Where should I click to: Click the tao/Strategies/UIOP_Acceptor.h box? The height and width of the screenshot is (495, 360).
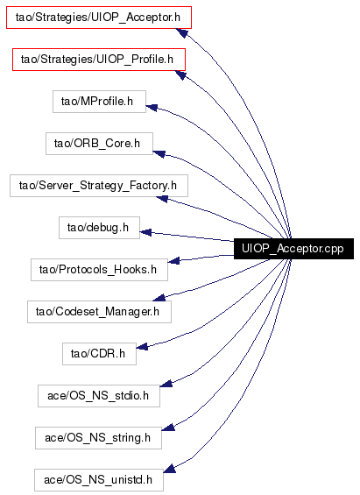(99, 18)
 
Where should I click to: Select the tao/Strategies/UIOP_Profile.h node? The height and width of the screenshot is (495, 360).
(99, 60)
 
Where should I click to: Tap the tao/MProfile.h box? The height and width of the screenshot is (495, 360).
(99, 102)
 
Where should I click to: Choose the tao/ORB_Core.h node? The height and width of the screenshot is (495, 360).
(99, 144)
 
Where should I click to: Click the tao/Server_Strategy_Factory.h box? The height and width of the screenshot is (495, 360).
(99, 186)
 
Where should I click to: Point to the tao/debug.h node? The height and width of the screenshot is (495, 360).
(99, 227)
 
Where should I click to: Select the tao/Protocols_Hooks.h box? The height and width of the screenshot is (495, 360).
(99, 269)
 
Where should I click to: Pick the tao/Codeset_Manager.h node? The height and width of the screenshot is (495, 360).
(99, 312)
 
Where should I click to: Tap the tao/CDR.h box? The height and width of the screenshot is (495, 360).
(99, 354)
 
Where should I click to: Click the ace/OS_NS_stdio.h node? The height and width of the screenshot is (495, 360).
(99, 395)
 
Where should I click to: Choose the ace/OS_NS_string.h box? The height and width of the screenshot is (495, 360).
(98, 437)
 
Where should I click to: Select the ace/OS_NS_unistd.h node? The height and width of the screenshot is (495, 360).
(99, 479)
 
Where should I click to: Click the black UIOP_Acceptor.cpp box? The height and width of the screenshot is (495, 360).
(293, 249)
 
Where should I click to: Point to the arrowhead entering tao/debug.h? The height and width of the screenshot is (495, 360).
(145, 232)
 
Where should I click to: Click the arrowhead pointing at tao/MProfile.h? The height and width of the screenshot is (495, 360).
(152, 108)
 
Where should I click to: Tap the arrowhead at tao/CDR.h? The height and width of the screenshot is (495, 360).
(142, 347)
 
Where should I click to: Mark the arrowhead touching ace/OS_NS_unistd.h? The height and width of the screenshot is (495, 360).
(169, 468)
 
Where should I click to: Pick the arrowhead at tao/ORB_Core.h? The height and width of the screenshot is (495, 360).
(159, 153)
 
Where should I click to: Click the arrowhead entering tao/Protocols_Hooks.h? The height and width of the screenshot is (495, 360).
(173, 260)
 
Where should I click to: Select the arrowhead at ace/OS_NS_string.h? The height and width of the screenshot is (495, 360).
(168, 427)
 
